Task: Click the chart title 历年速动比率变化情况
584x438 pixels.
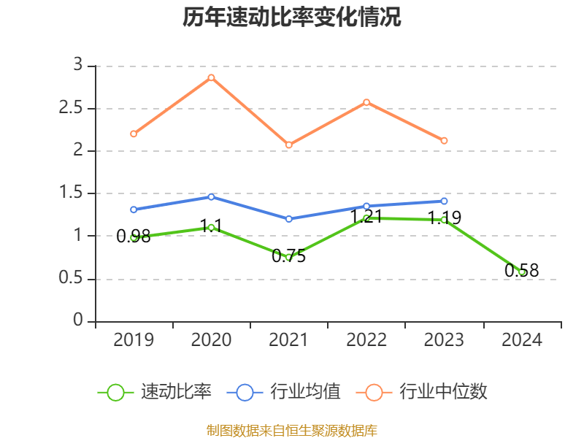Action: [x=292, y=18]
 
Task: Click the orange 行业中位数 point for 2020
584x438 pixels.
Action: [x=211, y=77]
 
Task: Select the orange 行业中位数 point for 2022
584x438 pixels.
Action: [x=366, y=102]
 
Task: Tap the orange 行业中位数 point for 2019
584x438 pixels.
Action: [x=134, y=134]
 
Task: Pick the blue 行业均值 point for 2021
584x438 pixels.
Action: [x=289, y=219]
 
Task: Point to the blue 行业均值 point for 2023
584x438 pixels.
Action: [x=444, y=201]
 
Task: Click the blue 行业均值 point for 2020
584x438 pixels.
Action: [x=211, y=196]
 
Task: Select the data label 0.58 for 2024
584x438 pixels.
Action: [x=521, y=271]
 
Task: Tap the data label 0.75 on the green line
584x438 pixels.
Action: [x=289, y=256]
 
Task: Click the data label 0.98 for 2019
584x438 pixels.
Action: [x=134, y=237]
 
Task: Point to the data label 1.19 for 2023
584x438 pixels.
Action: [x=444, y=218]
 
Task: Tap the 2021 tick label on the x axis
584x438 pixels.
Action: [x=289, y=340]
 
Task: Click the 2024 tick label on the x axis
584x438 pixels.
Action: [x=521, y=340]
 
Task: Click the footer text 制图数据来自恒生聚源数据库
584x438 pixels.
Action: [x=292, y=430]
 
